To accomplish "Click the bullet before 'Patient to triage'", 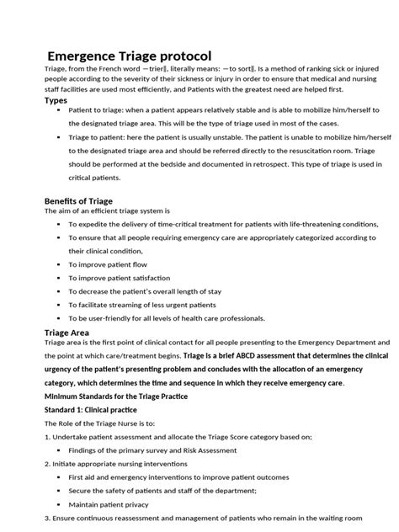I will pyautogui.click(x=58, y=110).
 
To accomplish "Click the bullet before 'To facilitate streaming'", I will pyautogui.click(x=58, y=305).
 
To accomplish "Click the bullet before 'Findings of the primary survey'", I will pyautogui.click(x=58, y=450).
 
